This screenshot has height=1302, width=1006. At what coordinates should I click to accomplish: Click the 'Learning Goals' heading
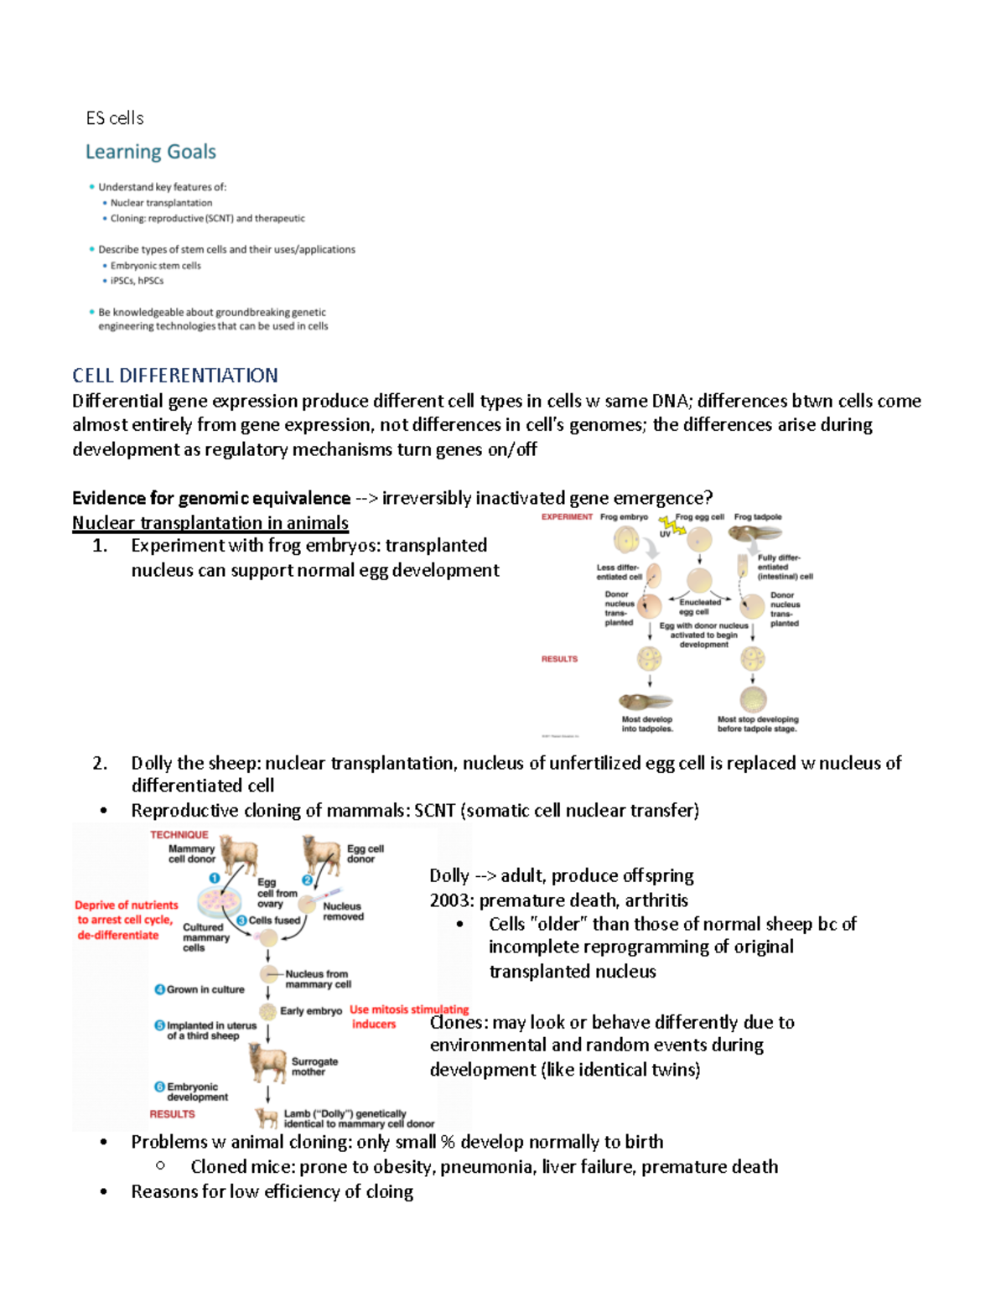click(x=151, y=152)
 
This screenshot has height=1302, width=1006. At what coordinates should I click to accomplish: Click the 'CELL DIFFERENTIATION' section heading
click(x=175, y=375)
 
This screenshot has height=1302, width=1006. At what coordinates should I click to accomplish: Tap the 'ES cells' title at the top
click(x=115, y=118)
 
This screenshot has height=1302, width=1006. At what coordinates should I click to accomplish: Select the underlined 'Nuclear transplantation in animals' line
click(x=210, y=523)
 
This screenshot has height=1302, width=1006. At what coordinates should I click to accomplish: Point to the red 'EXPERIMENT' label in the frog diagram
click(x=567, y=517)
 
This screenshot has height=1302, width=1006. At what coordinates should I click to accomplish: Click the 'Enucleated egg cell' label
click(x=699, y=606)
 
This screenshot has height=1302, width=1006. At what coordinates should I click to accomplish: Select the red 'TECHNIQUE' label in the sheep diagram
click(x=179, y=835)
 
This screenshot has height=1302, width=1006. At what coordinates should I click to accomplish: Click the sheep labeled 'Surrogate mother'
click(x=267, y=1062)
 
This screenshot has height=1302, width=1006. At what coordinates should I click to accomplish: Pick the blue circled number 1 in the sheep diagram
click(x=215, y=878)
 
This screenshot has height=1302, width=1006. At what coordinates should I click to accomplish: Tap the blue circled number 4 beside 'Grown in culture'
click(x=159, y=989)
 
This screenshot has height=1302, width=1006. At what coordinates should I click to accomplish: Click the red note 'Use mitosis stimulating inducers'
click(x=408, y=1016)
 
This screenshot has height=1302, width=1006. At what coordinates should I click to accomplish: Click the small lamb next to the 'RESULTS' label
click(x=267, y=1118)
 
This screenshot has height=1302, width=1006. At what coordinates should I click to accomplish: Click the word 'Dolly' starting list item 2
click(x=151, y=763)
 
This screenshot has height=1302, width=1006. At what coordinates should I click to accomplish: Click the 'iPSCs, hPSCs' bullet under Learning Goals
click(x=137, y=281)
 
